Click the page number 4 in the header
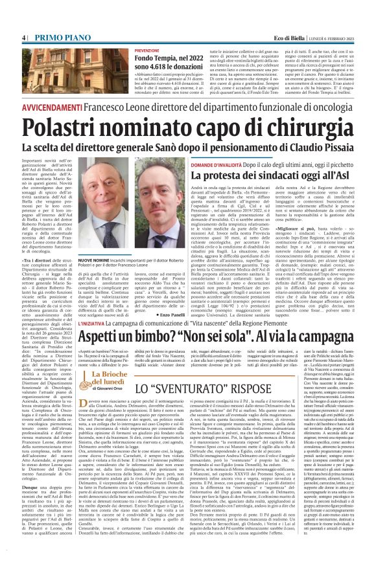coord(23,19)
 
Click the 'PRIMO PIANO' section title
coord(55,19)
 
